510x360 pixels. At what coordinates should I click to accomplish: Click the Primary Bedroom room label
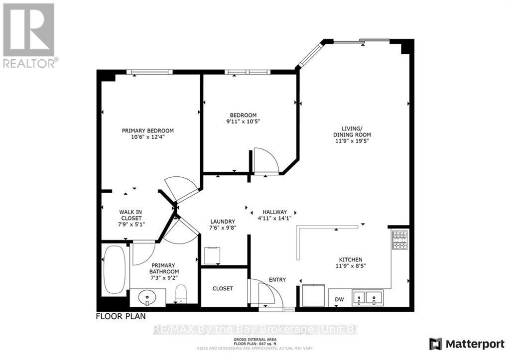tap(147, 131)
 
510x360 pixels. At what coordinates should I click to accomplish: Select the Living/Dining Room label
tap(352, 134)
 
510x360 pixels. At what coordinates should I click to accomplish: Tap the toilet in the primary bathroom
tap(181, 293)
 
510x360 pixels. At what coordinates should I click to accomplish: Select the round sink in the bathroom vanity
tap(148, 299)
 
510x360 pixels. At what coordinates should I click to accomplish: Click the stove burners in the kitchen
tap(400, 240)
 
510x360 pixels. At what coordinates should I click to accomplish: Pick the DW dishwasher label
tap(340, 299)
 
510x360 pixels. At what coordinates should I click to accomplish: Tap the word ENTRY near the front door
tap(277, 280)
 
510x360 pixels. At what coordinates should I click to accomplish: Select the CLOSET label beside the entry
tap(223, 289)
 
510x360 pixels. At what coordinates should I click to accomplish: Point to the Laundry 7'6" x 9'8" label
tap(223, 225)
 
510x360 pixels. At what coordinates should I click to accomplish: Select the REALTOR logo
tap(29, 34)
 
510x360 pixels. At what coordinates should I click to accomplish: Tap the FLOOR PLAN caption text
tap(121, 316)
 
